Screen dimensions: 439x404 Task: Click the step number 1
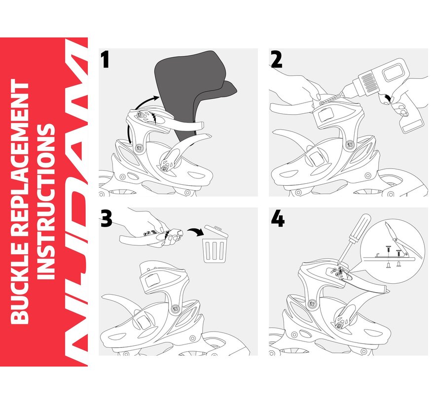[x=105, y=60]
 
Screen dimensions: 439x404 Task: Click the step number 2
[x=277, y=60]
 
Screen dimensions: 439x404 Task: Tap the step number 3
[x=107, y=218]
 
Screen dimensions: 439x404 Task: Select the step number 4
[x=278, y=218]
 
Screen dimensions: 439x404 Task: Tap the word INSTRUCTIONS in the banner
[x=46, y=202]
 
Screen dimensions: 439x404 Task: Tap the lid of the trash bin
[x=216, y=231]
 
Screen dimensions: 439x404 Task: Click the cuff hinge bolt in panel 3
[x=176, y=308]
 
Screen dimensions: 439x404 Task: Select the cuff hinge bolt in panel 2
[x=349, y=144]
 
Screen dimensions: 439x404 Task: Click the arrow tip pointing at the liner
[x=157, y=97]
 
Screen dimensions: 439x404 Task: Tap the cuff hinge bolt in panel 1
[x=137, y=147]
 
